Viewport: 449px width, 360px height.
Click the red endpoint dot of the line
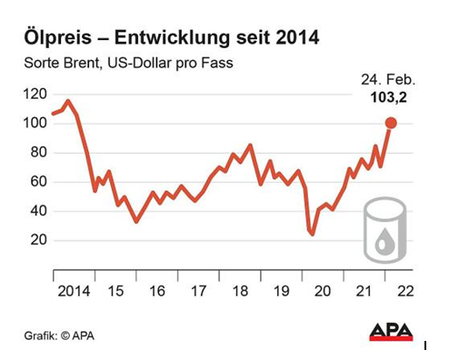(x=391, y=123)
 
